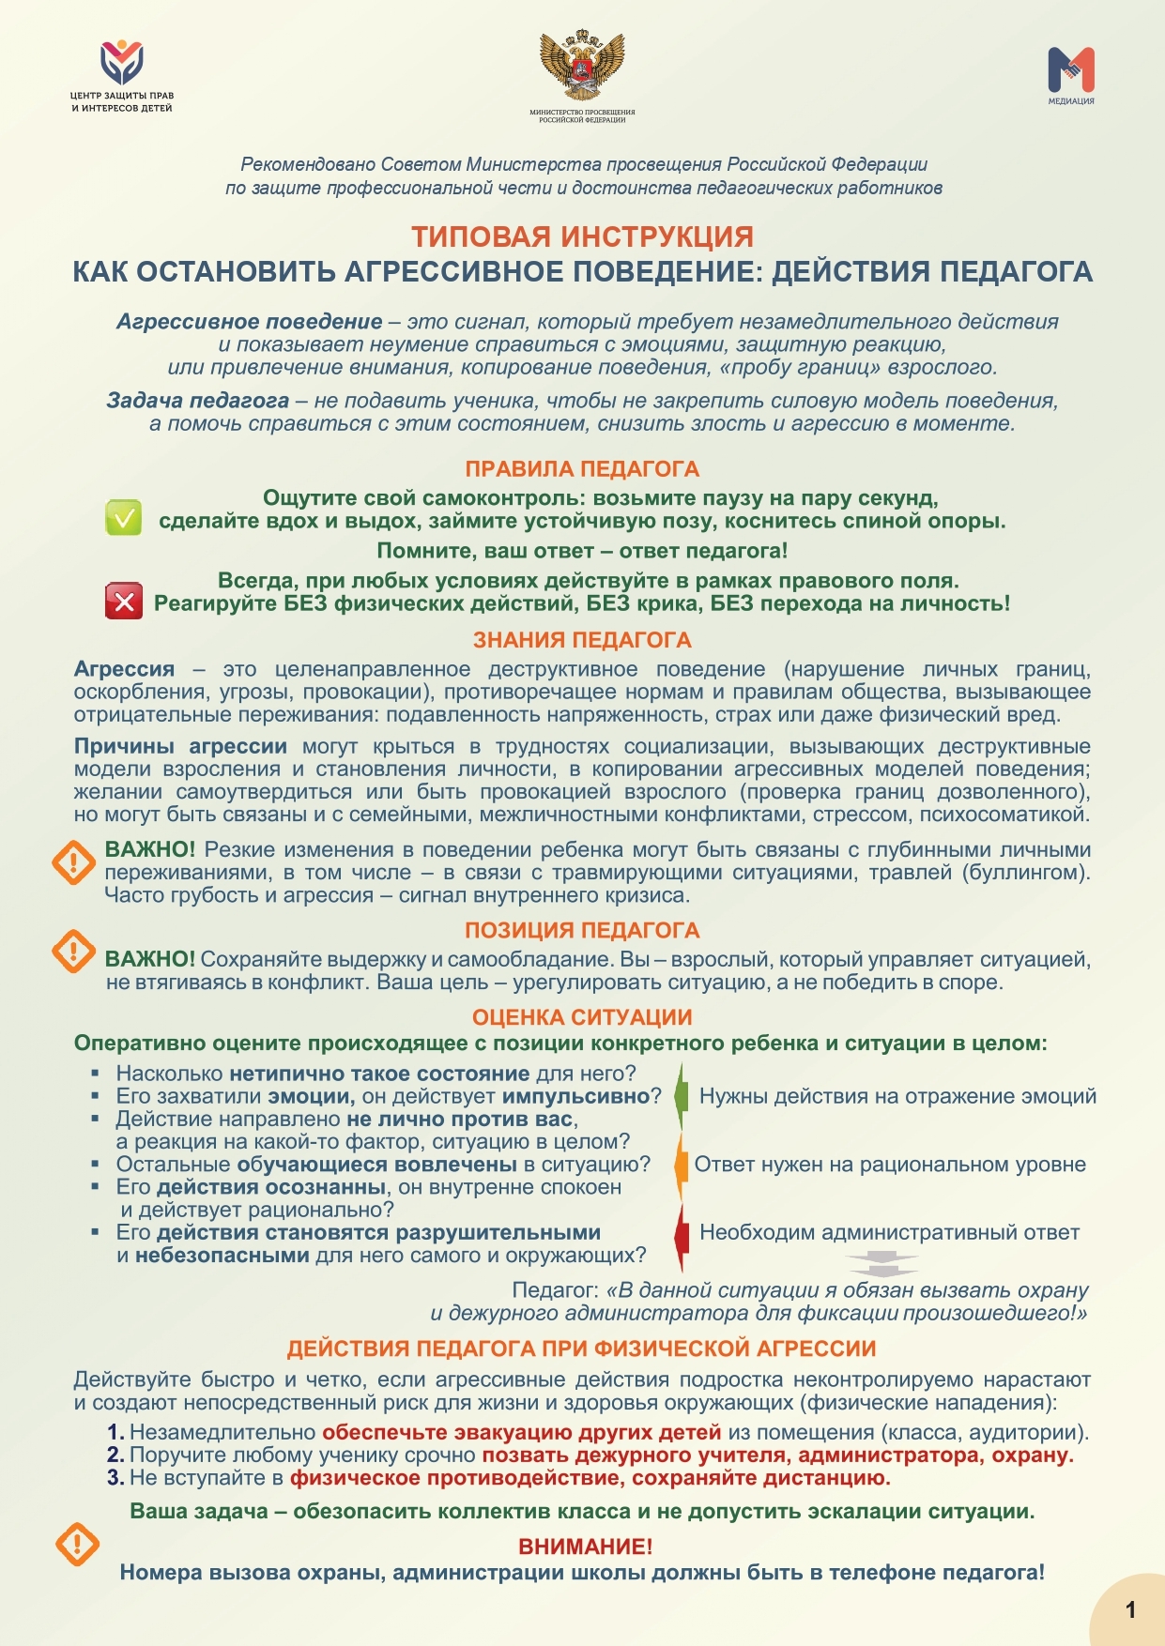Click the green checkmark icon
[x=123, y=517]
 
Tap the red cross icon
[x=123, y=601]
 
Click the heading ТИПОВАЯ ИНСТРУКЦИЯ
[x=582, y=236]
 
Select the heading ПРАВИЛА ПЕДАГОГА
[x=582, y=469]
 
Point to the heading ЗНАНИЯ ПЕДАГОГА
[x=582, y=640]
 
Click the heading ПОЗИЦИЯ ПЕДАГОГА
[x=582, y=930]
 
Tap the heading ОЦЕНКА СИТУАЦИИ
[x=582, y=1017]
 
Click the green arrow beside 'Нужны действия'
[x=682, y=1095]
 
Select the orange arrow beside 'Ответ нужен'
[x=682, y=1165]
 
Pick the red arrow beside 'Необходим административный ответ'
[x=682, y=1233]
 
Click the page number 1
[x=1130, y=1609]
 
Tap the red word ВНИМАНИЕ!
[x=585, y=1547]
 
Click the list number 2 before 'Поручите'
[x=115, y=1455]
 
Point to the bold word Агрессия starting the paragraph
[x=124, y=669]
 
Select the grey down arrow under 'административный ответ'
[x=881, y=1264]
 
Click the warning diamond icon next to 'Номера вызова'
[x=78, y=1544]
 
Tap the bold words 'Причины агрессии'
[x=180, y=747]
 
